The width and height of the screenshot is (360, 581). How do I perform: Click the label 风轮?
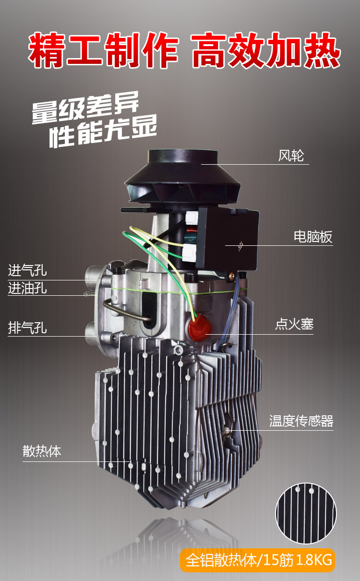click(x=291, y=156)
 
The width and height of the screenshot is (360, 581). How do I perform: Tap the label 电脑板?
click(x=313, y=237)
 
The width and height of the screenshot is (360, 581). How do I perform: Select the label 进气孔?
click(x=27, y=270)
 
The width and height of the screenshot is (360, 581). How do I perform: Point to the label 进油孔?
click(x=27, y=288)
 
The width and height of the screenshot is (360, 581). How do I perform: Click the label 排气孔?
click(x=27, y=328)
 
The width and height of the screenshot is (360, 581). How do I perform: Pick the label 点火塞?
click(x=294, y=324)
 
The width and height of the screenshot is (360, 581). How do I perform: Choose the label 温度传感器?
click(x=301, y=422)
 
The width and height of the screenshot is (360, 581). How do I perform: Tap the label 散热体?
click(x=42, y=451)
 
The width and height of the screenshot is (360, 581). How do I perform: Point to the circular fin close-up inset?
click(x=306, y=513)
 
